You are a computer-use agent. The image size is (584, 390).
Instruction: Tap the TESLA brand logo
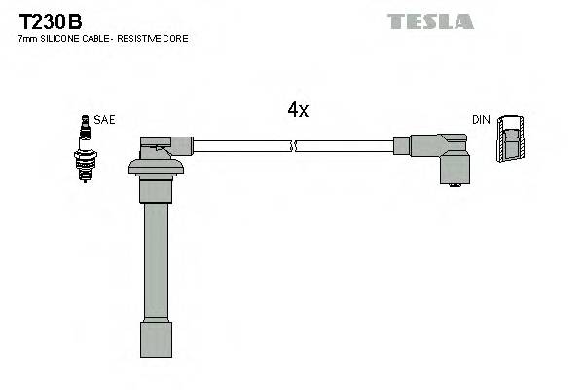[x=430, y=20]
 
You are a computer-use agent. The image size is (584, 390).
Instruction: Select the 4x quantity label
[x=298, y=111]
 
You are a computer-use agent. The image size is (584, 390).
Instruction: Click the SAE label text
[x=105, y=120]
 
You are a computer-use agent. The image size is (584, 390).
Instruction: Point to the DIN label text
[x=481, y=120]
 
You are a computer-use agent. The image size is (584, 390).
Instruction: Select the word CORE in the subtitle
[x=177, y=39]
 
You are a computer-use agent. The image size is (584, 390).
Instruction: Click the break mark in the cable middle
[x=294, y=146]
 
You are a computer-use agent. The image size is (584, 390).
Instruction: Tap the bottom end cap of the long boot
[x=156, y=341]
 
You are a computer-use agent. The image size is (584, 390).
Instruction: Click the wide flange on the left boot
[x=156, y=168]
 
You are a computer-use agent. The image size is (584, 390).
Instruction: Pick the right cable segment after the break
[x=346, y=146]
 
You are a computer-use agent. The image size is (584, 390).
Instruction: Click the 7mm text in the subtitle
[x=27, y=39]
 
